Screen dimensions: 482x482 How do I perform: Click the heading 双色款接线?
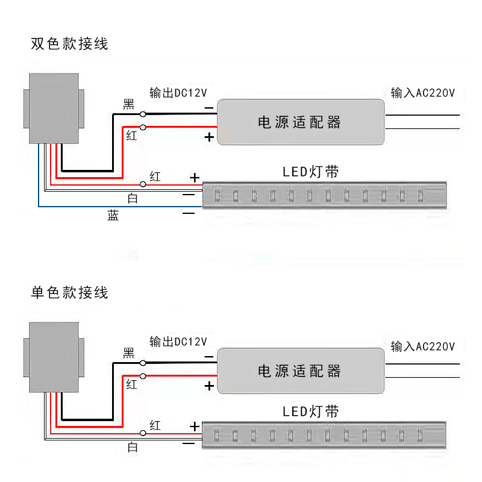70,44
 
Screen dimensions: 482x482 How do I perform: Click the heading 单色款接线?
70,293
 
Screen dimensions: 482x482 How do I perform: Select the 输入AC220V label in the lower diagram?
423,346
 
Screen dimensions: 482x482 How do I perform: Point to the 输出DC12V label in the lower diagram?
178,342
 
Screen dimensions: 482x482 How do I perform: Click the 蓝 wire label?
113,216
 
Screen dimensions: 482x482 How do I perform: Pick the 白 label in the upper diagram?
133,198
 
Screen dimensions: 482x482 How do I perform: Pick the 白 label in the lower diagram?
133,447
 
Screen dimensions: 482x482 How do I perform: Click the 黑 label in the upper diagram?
129,104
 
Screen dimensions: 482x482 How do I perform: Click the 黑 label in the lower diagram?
129,353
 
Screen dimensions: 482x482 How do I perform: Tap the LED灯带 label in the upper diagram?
311,172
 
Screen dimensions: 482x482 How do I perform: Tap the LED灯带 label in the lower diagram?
311,412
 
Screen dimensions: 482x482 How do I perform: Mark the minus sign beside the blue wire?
189,213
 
